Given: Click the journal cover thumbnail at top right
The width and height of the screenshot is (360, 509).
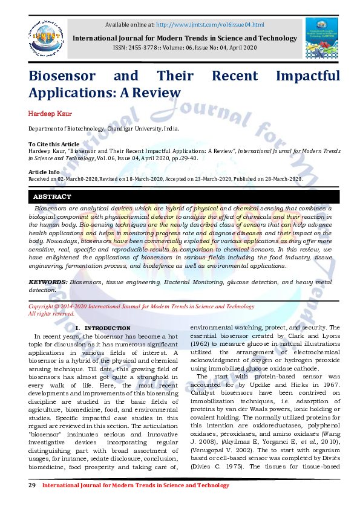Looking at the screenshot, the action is point(322,37).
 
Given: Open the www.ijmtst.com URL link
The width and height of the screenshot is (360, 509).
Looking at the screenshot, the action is point(210,24).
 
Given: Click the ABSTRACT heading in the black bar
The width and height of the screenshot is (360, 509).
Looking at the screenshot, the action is point(52,197).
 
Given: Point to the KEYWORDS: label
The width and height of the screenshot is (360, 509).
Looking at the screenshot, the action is point(48,282).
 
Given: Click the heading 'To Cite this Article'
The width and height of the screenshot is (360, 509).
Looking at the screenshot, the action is point(54,144).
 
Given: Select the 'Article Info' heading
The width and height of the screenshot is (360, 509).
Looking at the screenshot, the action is point(44,172).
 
